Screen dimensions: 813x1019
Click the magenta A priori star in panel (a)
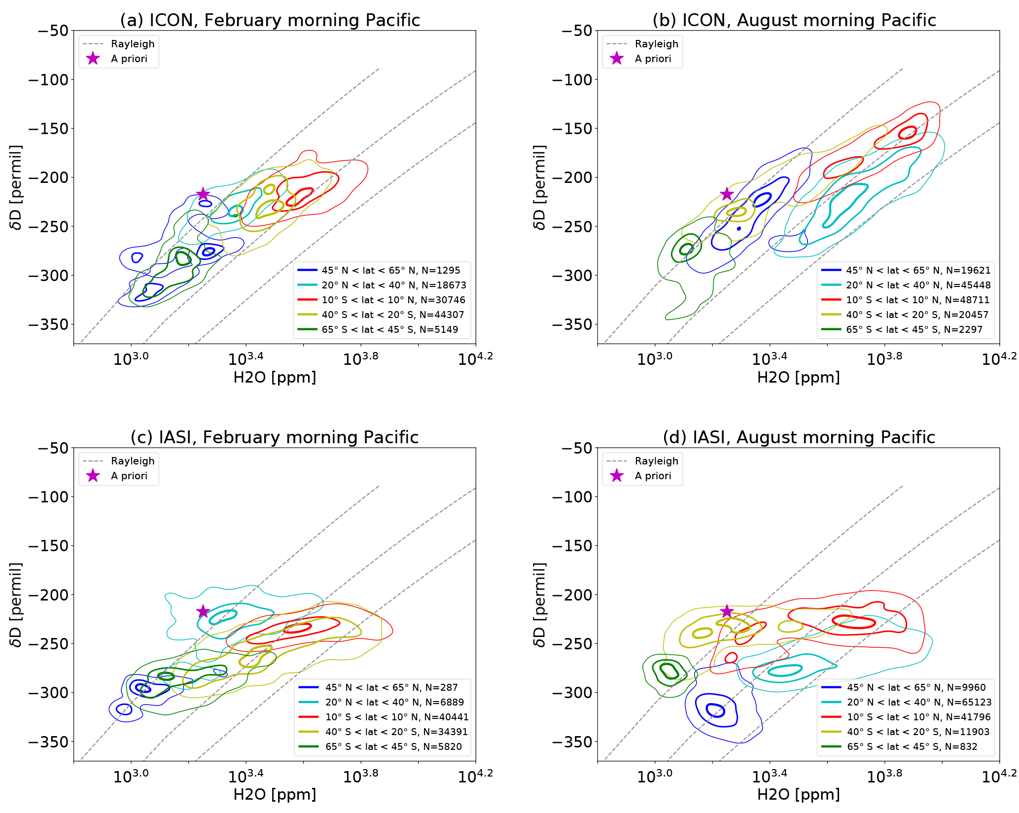point(203,194)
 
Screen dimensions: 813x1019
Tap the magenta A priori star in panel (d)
point(727,611)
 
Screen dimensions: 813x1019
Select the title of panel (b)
point(794,20)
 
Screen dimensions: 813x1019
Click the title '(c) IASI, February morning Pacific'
point(275,437)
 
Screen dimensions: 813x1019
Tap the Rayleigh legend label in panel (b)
point(656,44)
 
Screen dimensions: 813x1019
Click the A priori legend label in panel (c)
point(129,476)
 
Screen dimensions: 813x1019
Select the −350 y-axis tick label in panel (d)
point(572,742)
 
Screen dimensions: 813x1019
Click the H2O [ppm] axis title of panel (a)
point(275,377)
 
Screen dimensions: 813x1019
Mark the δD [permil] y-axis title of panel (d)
point(540,604)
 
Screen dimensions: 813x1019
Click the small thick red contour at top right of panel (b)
point(908,132)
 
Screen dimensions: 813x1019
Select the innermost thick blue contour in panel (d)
point(716,710)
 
